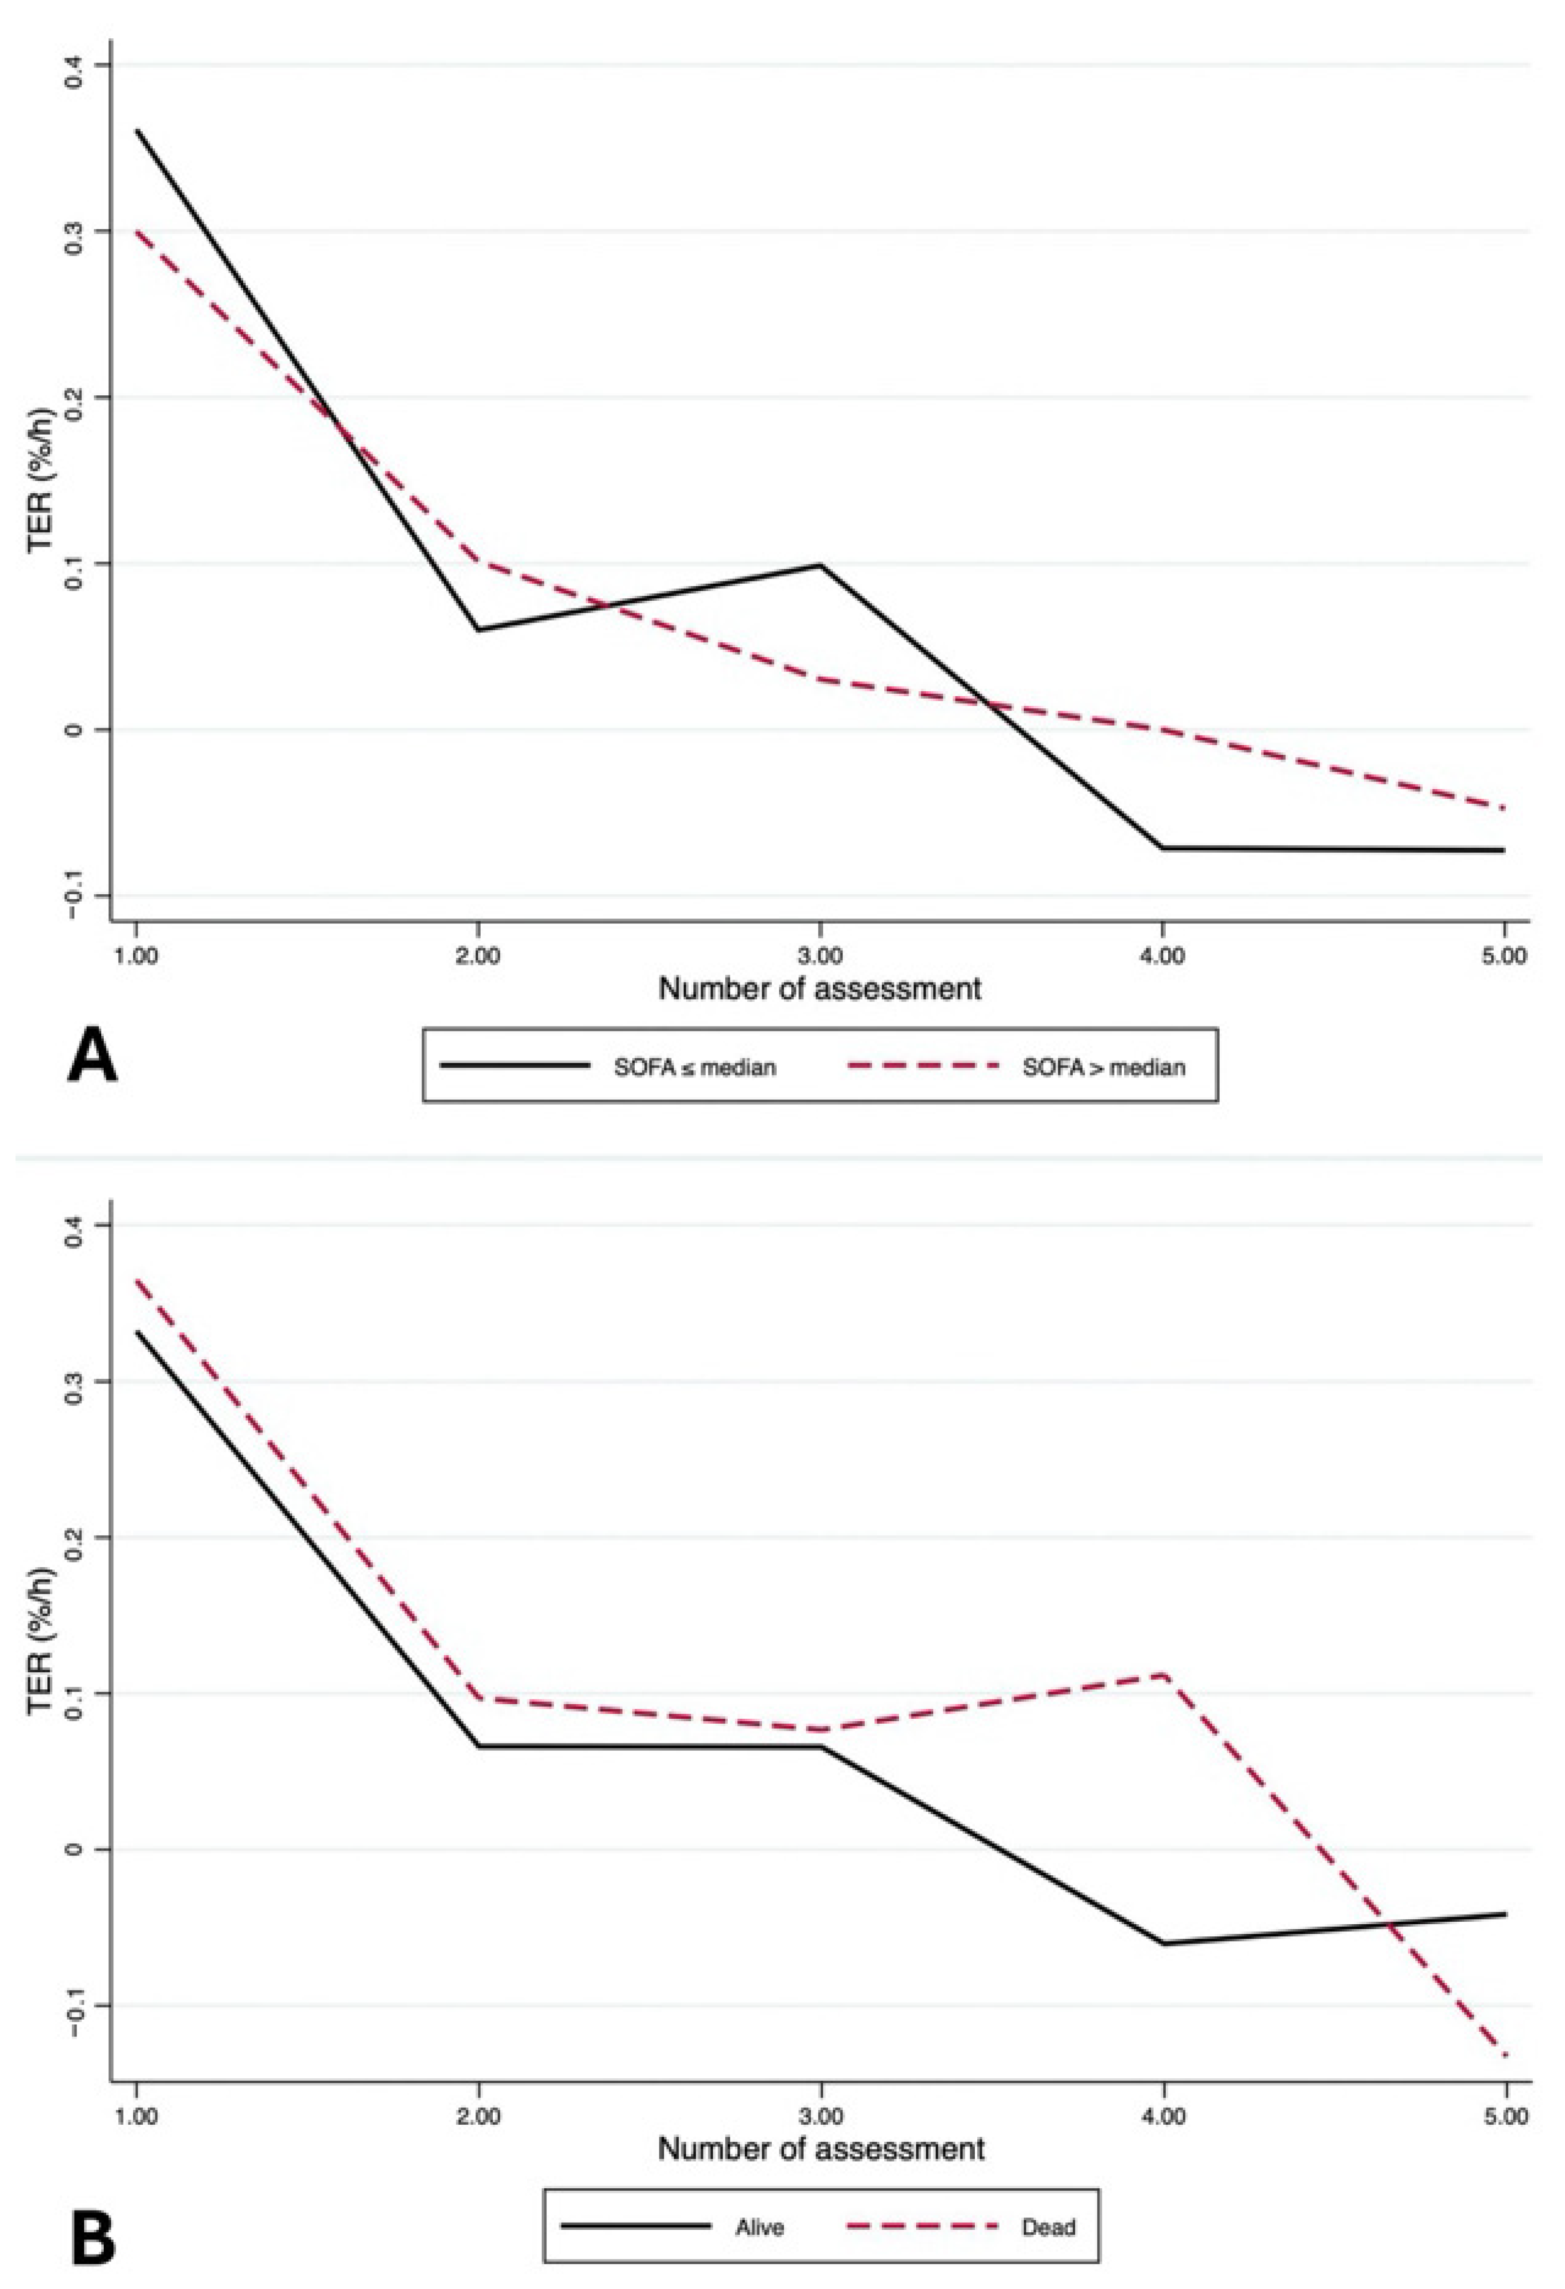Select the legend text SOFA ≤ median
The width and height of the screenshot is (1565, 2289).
(x=694, y=1067)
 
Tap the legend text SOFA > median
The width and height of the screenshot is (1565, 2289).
(x=1103, y=1067)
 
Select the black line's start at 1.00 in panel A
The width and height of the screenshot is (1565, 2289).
(x=137, y=130)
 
